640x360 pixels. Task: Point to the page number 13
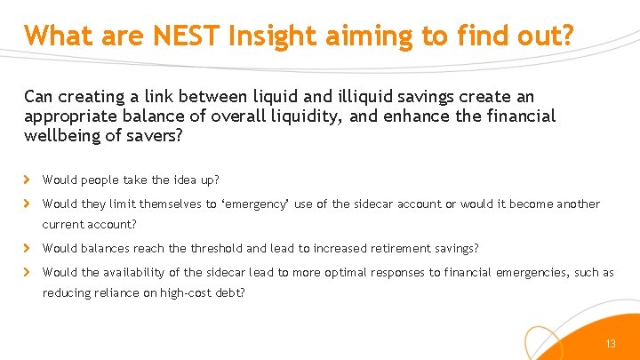tap(610, 344)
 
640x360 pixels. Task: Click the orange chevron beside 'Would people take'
tap(29, 180)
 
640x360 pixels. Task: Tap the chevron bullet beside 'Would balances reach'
tap(29, 248)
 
